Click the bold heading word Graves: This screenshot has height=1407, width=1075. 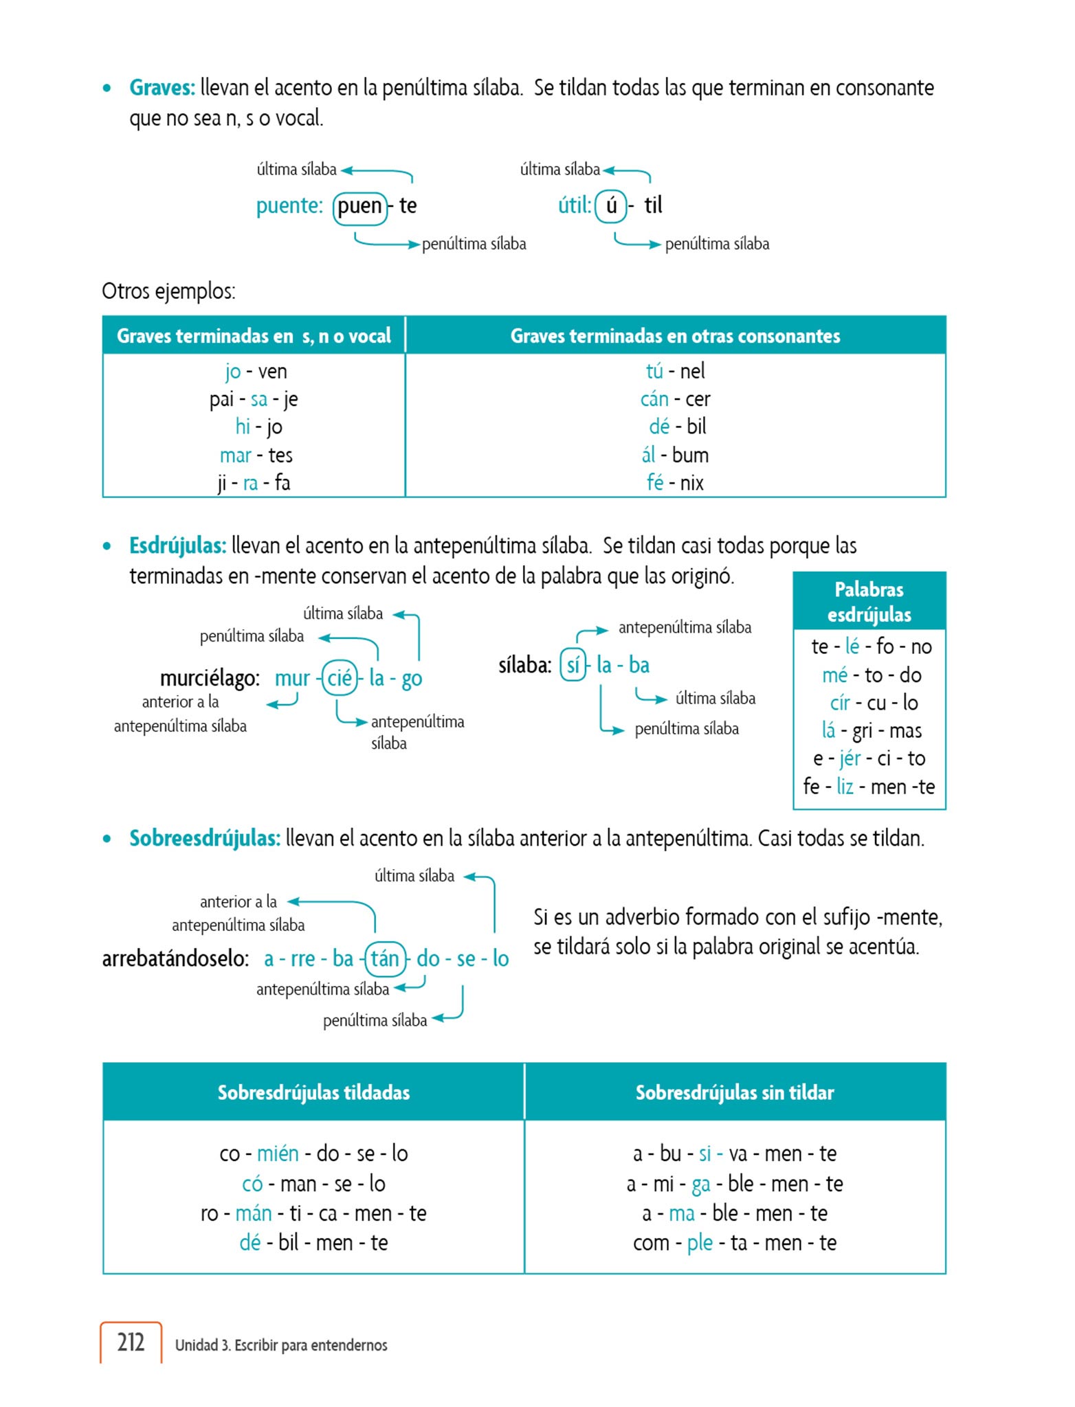pyautogui.click(x=162, y=88)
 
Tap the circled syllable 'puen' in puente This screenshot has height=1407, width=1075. pyautogui.click(x=359, y=206)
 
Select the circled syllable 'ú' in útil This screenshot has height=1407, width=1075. pyautogui.click(x=611, y=205)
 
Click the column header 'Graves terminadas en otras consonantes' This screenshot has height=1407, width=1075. pyautogui.click(x=675, y=336)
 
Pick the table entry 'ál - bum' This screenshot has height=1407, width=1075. pyautogui.click(x=675, y=455)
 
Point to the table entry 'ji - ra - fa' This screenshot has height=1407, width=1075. pyautogui.click(x=254, y=483)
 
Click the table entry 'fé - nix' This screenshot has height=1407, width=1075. pyautogui.click(x=675, y=483)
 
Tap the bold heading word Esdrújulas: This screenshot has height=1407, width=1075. pyautogui.click(x=177, y=546)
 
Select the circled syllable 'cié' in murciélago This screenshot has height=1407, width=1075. pyautogui.click(x=340, y=678)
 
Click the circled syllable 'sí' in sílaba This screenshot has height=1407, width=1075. pyautogui.click(x=573, y=665)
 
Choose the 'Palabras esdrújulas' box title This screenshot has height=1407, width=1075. pyautogui.click(x=869, y=602)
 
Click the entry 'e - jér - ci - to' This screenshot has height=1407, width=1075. pyautogui.click(x=869, y=758)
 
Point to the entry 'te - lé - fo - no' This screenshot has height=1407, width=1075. pyautogui.click(x=871, y=646)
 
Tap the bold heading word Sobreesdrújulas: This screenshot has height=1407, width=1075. pyautogui.click(x=205, y=839)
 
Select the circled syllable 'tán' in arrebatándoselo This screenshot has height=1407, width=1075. pyautogui.click(x=385, y=958)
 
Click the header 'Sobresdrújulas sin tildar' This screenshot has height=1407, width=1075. pyautogui.click(x=734, y=1092)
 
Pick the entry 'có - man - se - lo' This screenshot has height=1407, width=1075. pyautogui.click(x=313, y=1184)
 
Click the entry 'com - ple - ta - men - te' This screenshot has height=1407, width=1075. pyautogui.click(x=734, y=1243)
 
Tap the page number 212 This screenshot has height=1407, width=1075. pyautogui.click(x=131, y=1342)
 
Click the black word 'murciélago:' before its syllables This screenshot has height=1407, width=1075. pyautogui.click(x=210, y=679)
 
